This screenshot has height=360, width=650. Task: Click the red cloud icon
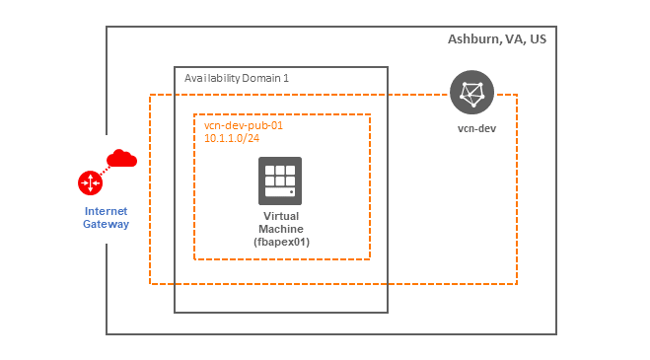(x=121, y=158)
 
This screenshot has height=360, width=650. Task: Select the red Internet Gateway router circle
(x=90, y=182)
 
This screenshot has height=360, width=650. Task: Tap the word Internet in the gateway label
(x=106, y=211)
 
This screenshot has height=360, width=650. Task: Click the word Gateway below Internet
(x=106, y=225)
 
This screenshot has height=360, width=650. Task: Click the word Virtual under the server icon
(x=281, y=216)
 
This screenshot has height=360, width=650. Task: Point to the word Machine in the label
(x=281, y=229)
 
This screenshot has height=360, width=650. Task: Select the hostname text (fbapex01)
(x=281, y=243)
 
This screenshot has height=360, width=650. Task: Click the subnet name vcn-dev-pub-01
(x=243, y=126)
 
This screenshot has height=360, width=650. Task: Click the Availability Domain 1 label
(x=237, y=77)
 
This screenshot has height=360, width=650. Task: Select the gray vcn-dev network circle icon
(x=472, y=94)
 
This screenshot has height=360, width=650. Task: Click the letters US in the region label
(x=537, y=39)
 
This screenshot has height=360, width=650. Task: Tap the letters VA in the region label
(x=511, y=39)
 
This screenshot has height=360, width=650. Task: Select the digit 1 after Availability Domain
(x=286, y=77)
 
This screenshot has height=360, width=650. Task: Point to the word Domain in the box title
(x=261, y=77)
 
